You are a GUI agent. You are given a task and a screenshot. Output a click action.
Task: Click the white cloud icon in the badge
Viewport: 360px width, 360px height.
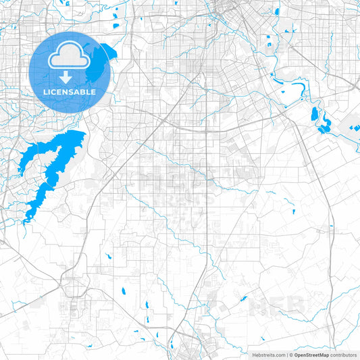70,54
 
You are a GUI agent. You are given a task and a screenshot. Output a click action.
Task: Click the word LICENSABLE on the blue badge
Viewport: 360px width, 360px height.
70,92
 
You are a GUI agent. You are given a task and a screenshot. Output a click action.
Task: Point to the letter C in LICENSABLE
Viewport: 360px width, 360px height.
57,92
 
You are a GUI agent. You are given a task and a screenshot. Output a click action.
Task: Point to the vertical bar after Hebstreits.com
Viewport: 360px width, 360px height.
287,355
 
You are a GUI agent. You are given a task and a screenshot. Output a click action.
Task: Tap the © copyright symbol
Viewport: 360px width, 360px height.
291,355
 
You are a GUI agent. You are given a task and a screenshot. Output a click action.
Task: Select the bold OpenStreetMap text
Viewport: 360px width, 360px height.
311,355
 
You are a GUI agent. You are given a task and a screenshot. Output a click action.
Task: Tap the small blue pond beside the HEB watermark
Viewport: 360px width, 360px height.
244,298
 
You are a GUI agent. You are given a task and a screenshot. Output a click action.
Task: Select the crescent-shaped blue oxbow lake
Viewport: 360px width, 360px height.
323,122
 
